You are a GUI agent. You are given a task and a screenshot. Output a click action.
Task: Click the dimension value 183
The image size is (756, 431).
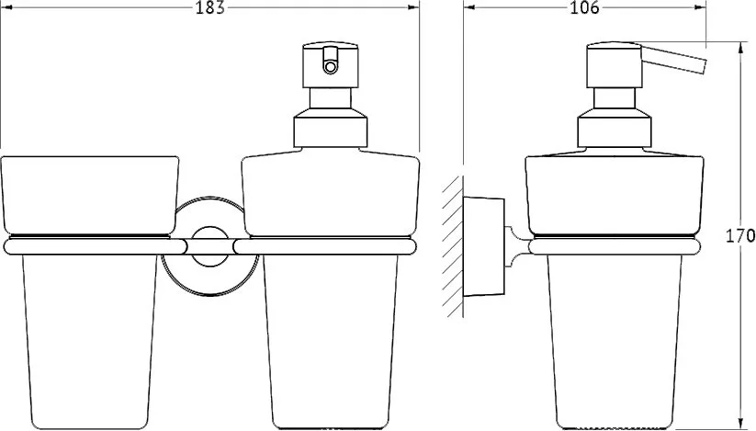click(x=210, y=7)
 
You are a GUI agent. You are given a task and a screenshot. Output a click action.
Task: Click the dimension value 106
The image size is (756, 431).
click(x=584, y=7)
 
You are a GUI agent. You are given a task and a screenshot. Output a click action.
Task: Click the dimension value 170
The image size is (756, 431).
click(x=740, y=236)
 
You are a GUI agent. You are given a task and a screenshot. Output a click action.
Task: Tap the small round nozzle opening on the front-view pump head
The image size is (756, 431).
click(x=331, y=66)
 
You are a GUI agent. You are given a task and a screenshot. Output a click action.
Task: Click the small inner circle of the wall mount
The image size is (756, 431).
click(x=209, y=246)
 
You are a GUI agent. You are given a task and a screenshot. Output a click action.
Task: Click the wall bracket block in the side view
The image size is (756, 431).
click(x=483, y=246)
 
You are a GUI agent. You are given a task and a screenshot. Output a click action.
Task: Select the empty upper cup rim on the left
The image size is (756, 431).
click(x=90, y=195)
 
